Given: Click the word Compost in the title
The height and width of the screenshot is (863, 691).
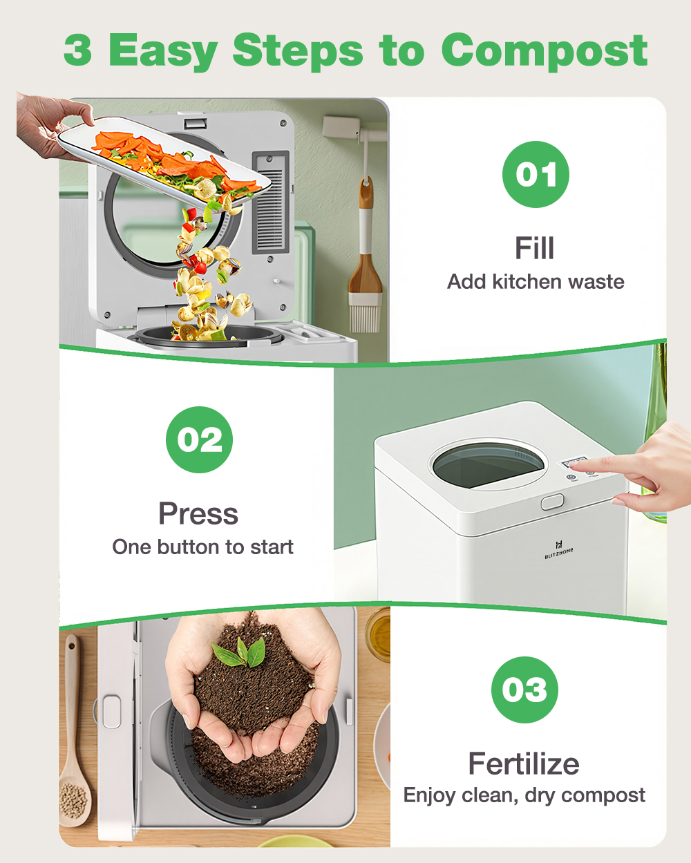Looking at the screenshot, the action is [545, 51].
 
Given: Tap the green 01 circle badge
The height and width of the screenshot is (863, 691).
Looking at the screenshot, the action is [536, 174].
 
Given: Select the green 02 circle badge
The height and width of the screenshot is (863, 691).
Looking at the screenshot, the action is [199, 439].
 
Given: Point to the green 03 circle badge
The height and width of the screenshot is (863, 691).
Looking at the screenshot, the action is [524, 690].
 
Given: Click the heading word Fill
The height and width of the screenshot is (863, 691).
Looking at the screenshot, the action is [535, 248].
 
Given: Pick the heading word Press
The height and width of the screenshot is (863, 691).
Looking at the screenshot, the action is [198, 513].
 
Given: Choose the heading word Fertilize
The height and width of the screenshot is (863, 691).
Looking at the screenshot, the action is [524, 764].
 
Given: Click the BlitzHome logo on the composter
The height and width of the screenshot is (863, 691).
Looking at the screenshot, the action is [558, 550].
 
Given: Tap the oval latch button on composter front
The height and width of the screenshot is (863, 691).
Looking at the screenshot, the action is [552, 502].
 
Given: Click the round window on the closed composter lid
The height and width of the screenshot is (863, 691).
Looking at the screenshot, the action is [488, 465].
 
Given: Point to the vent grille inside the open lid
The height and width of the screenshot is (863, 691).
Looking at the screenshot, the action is [271, 202].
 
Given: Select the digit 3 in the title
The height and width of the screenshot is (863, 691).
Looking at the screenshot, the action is [78, 50].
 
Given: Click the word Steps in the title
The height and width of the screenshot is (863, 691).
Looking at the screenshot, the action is [298, 52].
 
